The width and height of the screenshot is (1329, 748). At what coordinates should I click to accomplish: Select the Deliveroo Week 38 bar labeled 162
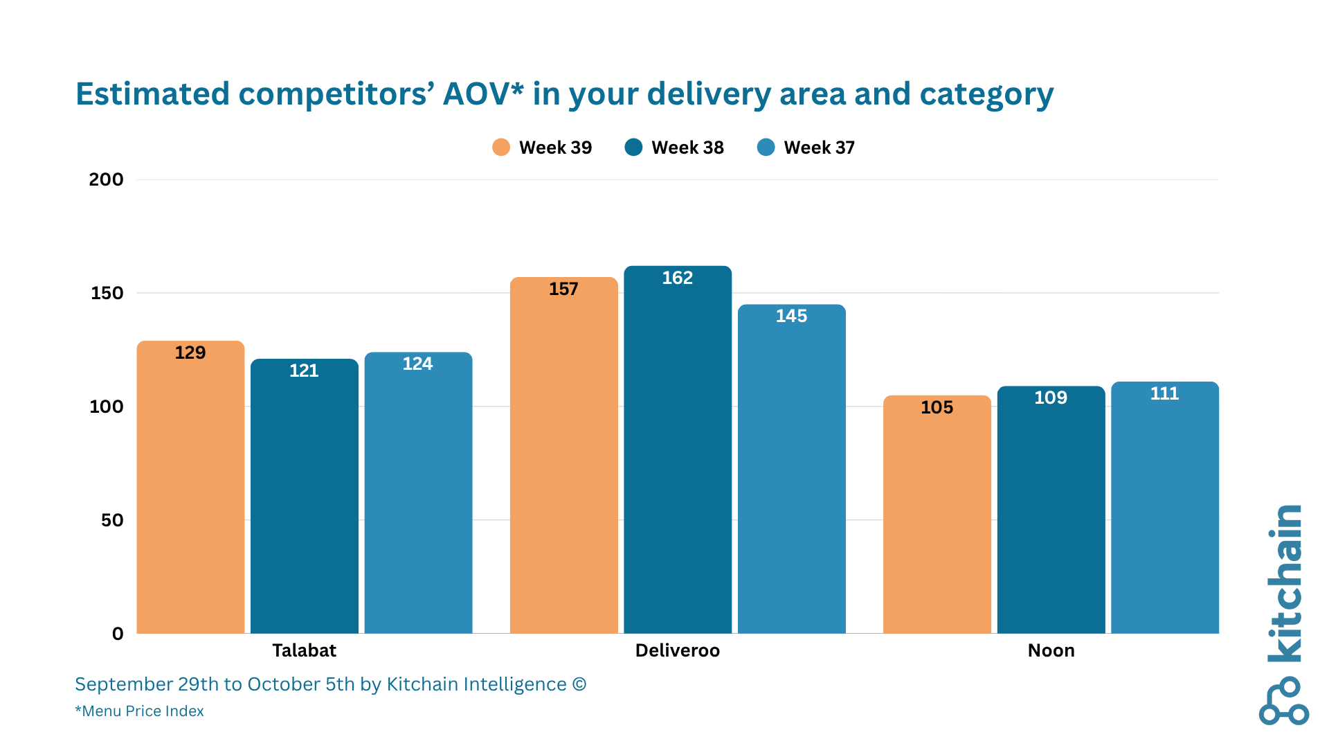pos(677,450)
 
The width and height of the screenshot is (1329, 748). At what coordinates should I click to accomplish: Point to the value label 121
pos(304,371)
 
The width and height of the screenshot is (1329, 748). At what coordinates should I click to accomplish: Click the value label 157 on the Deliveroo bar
pos(563,289)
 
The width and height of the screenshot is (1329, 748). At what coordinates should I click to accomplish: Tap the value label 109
pos(1050,398)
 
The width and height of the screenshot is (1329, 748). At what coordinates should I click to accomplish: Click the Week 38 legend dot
pos(633,148)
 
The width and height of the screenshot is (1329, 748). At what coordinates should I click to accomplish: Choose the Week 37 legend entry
pos(806,148)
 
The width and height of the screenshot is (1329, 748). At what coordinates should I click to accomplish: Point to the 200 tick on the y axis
pos(106,179)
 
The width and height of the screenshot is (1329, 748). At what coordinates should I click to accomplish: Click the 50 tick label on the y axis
pos(112,520)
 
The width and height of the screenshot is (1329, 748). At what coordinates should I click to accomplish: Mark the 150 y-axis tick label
pos(107,293)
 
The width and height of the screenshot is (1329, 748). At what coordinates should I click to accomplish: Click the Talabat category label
pos(304,650)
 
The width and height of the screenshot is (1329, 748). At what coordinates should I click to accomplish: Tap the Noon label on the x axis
pos(1051,650)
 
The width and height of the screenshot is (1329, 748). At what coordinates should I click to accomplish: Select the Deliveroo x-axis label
pos(677,650)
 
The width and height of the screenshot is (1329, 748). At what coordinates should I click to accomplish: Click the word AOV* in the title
pos(482,93)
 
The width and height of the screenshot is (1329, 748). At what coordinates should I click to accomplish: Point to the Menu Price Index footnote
pos(139,711)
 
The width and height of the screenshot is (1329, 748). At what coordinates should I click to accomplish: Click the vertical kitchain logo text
pos(1285,583)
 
